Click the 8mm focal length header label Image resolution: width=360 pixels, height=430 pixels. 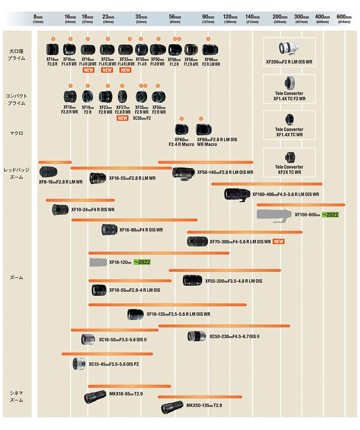click(x=38, y=19)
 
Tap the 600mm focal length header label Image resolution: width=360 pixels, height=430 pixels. click(x=344, y=19)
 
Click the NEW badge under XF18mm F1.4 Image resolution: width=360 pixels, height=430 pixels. click(x=88, y=70)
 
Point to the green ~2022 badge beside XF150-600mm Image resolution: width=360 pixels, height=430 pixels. click(x=330, y=215)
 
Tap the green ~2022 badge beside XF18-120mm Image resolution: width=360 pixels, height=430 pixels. click(x=142, y=262)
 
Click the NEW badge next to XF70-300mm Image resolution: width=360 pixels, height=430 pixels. click(x=279, y=242)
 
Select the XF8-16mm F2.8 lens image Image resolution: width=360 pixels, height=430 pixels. click(x=49, y=172)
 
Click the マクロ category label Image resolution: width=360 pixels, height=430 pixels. click(x=16, y=133)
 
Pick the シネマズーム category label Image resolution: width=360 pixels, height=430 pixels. click(x=16, y=396)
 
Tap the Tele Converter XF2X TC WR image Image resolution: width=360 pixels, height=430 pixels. click(x=289, y=158)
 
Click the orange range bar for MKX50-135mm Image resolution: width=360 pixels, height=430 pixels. click(x=200, y=397)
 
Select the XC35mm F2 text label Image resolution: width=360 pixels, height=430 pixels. click(x=142, y=118)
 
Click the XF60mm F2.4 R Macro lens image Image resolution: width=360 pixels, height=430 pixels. click(x=181, y=129)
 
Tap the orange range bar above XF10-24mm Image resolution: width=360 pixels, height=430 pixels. click(x=80, y=200)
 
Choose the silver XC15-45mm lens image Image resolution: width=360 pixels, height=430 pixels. click(x=79, y=364)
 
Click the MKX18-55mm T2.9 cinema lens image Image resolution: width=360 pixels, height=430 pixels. click(x=95, y=397)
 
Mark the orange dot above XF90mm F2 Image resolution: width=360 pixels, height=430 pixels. click(x=208, y=39)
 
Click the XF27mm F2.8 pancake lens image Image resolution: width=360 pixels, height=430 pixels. click(x=122, y=97)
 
